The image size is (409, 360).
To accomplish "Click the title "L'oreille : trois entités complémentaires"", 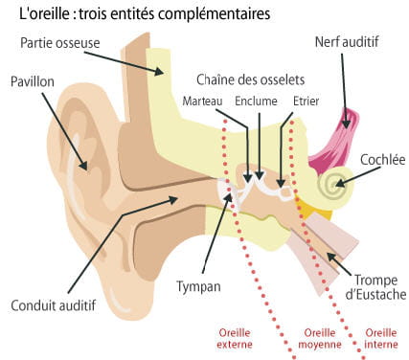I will pyautogui.click(x=138, y=14).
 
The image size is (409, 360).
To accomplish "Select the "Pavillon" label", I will pyautogui.click(x=34, y=80).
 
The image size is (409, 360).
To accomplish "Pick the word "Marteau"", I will pyautogui.click(x=203, y=101).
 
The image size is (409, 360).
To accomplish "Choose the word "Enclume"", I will pyautogui.click(x=252, y=101).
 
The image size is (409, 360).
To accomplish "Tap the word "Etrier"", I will pyautogui.click(x=307, y=101).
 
